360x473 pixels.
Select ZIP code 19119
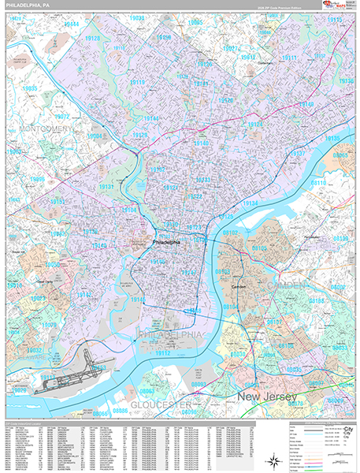click(137, 82)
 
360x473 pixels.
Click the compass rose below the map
click(273, 460)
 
